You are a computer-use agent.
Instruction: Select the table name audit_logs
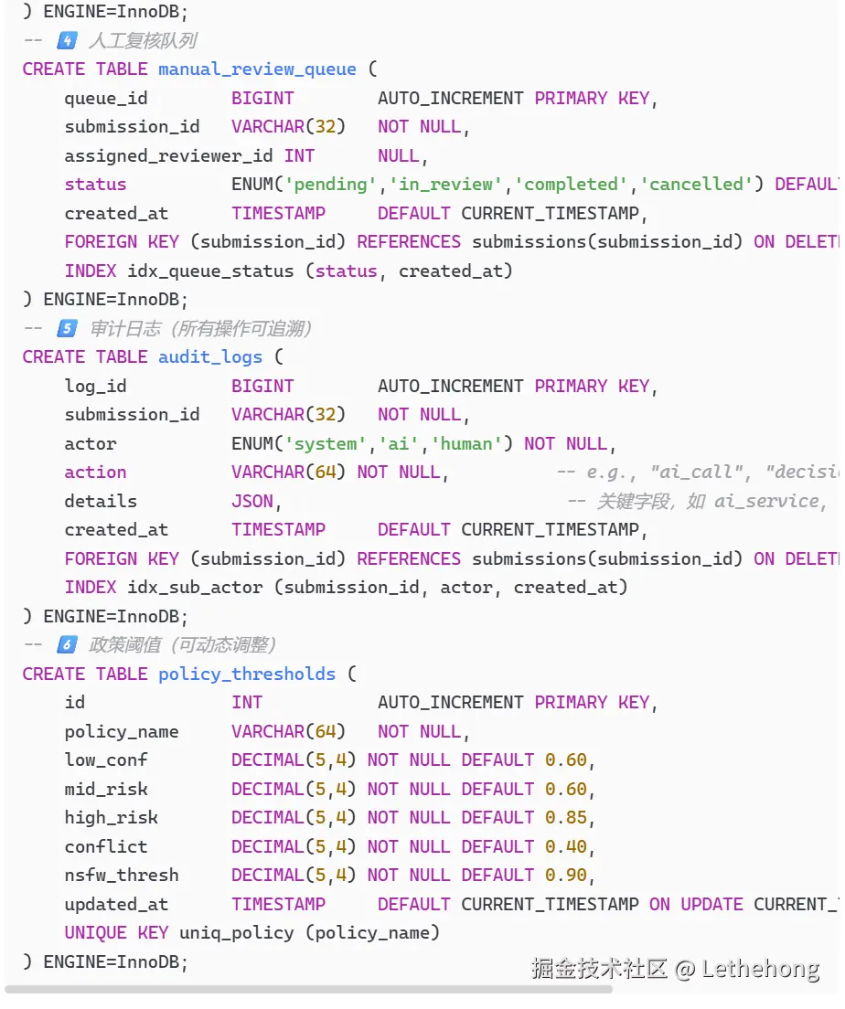click(209, 357)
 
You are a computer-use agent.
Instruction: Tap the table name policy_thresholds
click(246, 674)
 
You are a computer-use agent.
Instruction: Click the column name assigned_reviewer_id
click(168, 156)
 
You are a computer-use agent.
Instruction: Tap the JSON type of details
click(252, 502)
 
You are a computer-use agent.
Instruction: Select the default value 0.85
click(566, 818)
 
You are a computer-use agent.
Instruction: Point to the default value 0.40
click(566, 847)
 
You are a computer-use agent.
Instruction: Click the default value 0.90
click(566, 876)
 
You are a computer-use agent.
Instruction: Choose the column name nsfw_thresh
click(122, 876)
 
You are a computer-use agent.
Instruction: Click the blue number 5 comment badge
click(67, 329)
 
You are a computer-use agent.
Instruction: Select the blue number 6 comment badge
click(67, 645)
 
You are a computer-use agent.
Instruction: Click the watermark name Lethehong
click(760, 969)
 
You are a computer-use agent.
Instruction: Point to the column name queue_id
click(106, 99)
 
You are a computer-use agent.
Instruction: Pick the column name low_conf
click(106, 760)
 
